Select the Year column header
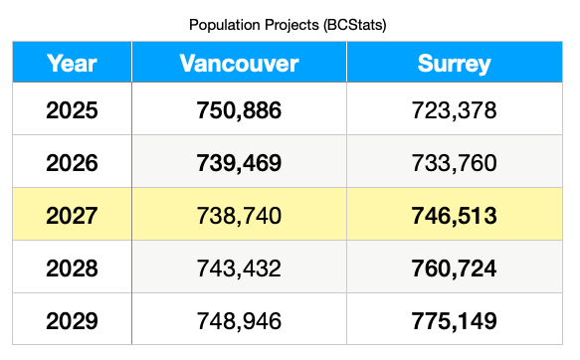[72, 64]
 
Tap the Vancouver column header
[239, 64]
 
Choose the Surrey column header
[455, 64]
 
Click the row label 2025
[72, 109]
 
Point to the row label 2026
[72, 162]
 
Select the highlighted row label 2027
[72, 215]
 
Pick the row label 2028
[72, 268]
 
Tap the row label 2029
[72, 320]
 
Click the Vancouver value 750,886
[239, 109]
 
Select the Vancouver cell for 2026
[239, 162]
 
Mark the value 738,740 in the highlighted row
[239, 215]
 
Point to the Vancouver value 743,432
[239, 268]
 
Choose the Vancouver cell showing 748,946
[239, 320]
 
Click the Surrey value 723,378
[455, 109]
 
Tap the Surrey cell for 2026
[455, 162]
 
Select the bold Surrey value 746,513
[455, 215]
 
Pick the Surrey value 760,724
[455, 268]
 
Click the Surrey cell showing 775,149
[455, 320]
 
